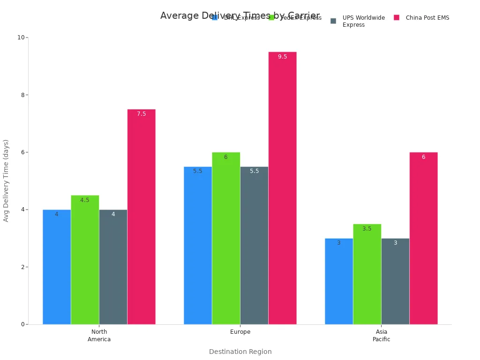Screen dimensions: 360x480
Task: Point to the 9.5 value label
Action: (282, 57)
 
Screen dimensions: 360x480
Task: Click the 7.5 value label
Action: (141, 114)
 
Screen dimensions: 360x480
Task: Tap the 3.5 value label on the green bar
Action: (367, 229)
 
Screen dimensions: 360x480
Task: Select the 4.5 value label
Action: (85, 200)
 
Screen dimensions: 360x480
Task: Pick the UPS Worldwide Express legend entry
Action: (358, 21)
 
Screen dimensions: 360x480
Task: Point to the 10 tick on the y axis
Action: (21, 37)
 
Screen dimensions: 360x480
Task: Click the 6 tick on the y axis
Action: (22, 152)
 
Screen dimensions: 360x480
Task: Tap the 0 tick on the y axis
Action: (22, 324)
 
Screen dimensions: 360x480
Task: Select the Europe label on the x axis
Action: (240, 332)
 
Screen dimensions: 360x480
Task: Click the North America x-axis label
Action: (99, 336)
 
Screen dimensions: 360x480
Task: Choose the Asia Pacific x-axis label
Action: (381, 336)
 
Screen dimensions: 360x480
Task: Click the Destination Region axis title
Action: (240, 352)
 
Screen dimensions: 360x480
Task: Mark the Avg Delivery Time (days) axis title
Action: (6, 180)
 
